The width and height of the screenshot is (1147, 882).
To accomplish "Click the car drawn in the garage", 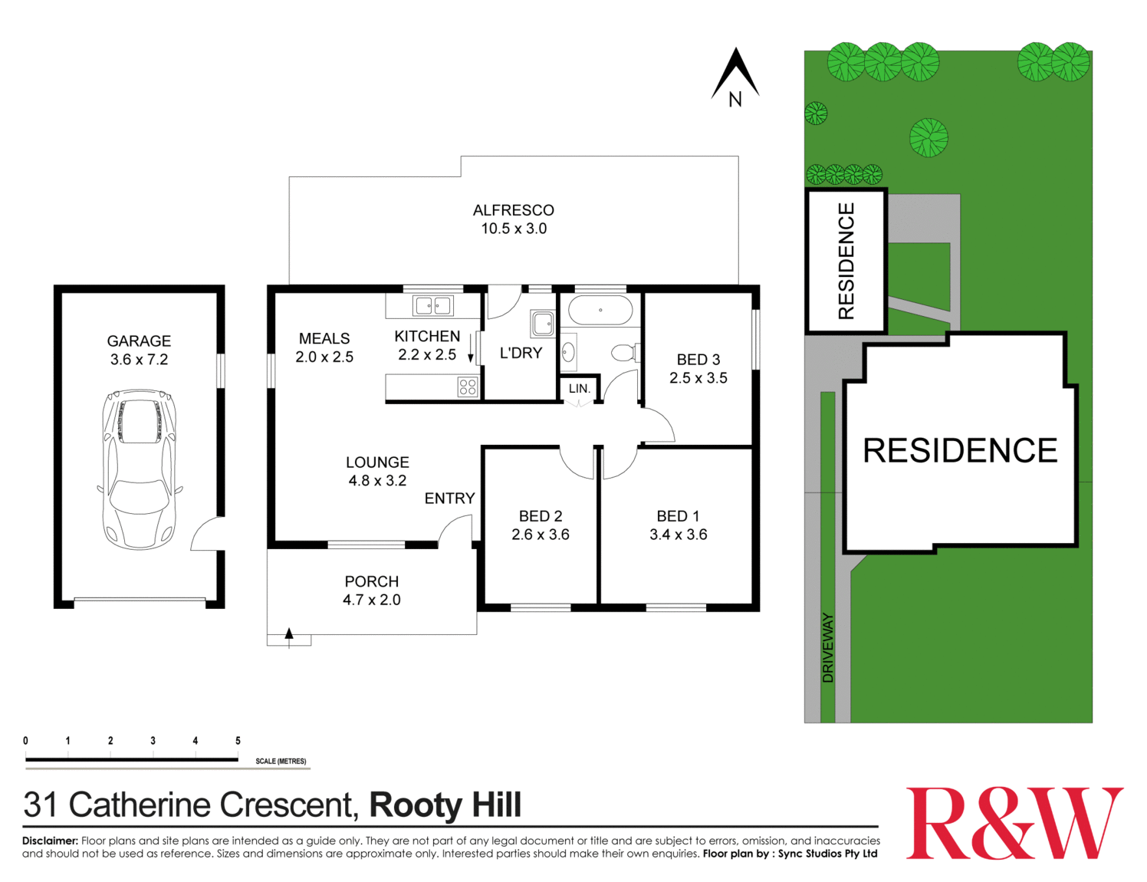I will [x=140, y=469].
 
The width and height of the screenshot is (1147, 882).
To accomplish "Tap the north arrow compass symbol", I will [x=735, y=77].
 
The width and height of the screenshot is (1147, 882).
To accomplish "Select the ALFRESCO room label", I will [x=513, y=210].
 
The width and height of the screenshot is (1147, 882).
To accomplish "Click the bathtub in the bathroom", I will [x=600, y=311].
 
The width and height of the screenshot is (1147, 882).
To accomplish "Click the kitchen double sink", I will [x=433, y=306].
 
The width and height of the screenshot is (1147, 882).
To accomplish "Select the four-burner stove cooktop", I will [x=467, y=387].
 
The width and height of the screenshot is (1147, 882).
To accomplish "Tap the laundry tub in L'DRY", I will [x=543, y=324].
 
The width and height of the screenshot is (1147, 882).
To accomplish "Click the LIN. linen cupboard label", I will [x=580, y=389].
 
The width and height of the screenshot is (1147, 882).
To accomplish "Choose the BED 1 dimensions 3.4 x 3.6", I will [x=678, y=535].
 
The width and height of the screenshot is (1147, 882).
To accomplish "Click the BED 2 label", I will [x=540, y=516].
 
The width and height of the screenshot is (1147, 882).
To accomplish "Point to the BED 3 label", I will [x=698, y=359].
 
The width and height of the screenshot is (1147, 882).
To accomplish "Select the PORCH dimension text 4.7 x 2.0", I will [x=371, y=600].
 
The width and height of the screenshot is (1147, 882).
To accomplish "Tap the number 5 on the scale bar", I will [x=238, y=741].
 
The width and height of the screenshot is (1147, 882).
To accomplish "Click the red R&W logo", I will [x=1014, y=824].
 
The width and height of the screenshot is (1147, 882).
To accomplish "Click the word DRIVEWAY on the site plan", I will [x=827, y=647].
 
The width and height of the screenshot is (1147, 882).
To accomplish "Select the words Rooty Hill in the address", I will [x=445, y=805].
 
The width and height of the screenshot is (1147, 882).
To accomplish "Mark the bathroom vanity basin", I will [x=568, y=352].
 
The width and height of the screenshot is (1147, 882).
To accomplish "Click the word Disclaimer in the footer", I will [x=50, y=841].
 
